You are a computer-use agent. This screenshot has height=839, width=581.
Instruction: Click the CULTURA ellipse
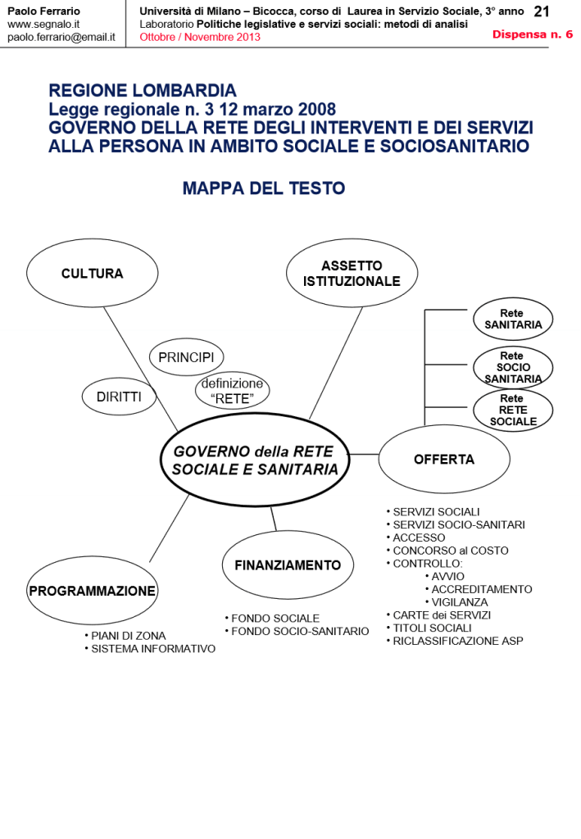(x=92, y=274)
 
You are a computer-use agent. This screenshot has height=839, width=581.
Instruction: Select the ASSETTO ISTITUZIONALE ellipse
(x=352, y=274)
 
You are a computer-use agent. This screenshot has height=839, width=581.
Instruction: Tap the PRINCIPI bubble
(x=186, y=357)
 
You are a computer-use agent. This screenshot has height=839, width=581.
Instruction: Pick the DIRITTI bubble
(x=119, y=397)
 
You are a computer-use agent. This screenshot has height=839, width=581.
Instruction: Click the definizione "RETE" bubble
(x=233, y=391)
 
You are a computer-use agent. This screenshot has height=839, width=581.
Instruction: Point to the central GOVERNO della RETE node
(x=255, y=460)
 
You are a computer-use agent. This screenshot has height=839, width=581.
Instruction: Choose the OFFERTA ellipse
(x=443, y=460)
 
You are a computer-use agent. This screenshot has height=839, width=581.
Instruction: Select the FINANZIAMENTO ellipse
(x=287, y=565)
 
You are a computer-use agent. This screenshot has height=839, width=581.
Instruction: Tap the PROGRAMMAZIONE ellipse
(x=92, y=591)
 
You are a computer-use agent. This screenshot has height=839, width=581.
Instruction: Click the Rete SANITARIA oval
(x=512, y=320)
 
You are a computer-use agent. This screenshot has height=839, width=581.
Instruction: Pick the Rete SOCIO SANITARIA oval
(x=512, y=367)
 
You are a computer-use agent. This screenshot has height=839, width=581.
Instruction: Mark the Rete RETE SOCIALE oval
(x=513, y=410)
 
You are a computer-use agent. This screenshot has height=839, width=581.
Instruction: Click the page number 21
(x=542, y=11)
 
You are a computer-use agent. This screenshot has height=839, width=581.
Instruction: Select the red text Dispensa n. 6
(x=533, y=34)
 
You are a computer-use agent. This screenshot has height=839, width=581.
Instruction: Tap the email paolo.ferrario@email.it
(x=61, y=37)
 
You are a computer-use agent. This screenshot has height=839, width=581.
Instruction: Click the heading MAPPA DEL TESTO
(x=264, y=188)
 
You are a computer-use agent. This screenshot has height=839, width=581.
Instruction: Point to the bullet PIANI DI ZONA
(x=128, y=636)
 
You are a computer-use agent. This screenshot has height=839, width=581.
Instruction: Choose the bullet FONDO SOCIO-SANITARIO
(x=300, y=632)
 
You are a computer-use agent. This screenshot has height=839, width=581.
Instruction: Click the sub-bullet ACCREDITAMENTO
(x=482, y=589)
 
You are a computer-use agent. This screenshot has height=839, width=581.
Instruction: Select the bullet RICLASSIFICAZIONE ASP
(x=457, y=641)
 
